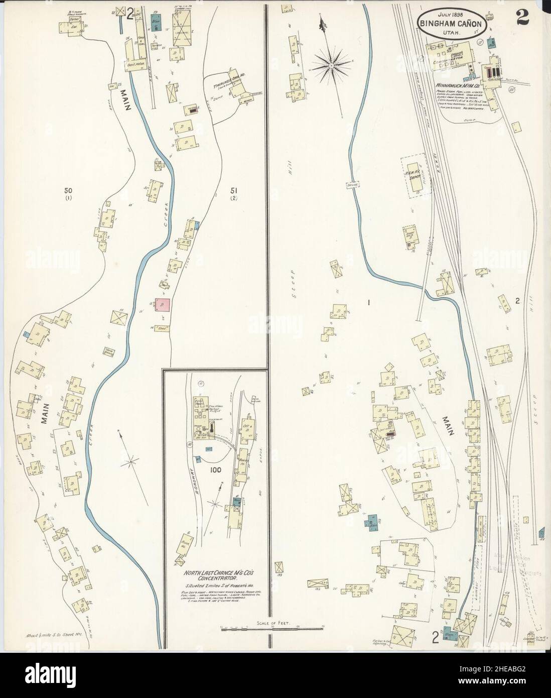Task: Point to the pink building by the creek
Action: click(x=163, y=305)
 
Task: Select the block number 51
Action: click(x=233, y=190)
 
